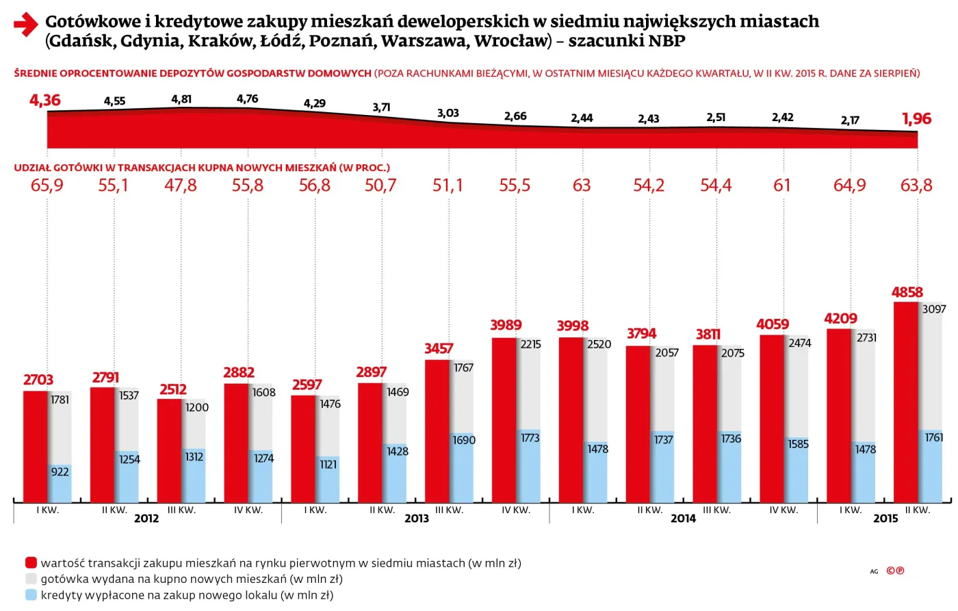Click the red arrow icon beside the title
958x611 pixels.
(25, 25)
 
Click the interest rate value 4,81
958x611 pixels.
(181, 99)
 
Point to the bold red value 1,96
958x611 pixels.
(916, 119)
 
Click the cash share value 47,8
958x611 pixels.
(181, 185)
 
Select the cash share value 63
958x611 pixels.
(582, 185)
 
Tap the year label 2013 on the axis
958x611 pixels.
(416, 519)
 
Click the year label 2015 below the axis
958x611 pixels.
(885, 519)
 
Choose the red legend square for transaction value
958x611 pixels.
(31, 563)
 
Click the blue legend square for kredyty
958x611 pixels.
(31, 595)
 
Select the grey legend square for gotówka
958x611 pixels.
(31, 579)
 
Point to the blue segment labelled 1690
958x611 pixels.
(462, 468)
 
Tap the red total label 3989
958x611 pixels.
(506, 325)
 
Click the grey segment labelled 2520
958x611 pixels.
(596, 390)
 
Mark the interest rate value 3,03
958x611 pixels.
(448, 113)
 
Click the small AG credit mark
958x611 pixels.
(874, 571)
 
